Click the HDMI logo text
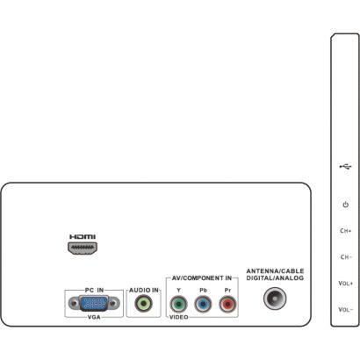click(x=83, y=237)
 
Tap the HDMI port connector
click(x=83, y=248)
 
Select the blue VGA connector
click(x=94, y=303)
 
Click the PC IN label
click(x=94, y=290)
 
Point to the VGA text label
click(x=94, y=317)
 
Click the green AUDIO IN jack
click(x=143, y=304)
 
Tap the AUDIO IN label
click(x=144, y=290)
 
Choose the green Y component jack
click(x=178, y=305)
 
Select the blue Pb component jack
click(x=203, y=305)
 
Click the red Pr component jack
click(x=227, y=305)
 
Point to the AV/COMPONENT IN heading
click(x=202, y=277)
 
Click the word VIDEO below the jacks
click(x=179, y=317)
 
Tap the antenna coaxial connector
click(x=275, y=299)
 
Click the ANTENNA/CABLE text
click(x=275, y=271)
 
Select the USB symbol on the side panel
click(x=345, y=167)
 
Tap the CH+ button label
click(x=346, y=231)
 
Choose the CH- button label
click(x=346, y=257)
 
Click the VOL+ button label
click(x=346, y=284)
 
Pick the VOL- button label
click(x=346, y=310)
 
